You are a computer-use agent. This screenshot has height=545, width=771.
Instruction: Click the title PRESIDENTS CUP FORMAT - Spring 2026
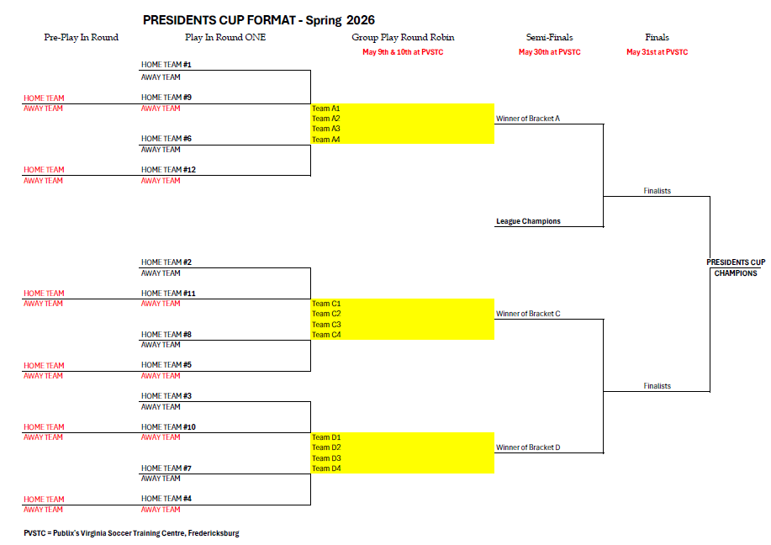[x=259, y=19]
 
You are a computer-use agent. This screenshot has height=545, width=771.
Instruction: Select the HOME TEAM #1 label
[x=166, y=65]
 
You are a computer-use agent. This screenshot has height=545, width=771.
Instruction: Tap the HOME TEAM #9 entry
[x=166, y=98]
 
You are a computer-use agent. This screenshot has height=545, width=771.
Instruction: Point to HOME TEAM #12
[x=168, y=170]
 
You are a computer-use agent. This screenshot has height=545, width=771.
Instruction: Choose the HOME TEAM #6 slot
[x=166, y=139]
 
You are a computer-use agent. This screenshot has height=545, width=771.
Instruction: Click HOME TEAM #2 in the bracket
[x=166, y=262]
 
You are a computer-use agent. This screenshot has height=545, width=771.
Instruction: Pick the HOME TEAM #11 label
[x=168, y=294]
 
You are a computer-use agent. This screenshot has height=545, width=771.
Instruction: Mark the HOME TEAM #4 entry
[x=166, y=499]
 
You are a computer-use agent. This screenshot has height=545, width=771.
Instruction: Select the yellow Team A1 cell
[x=402, y=108]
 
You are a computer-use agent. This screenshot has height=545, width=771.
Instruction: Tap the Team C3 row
[x=402, y=325]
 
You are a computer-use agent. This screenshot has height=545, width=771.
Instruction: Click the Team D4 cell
[x=402, y=468]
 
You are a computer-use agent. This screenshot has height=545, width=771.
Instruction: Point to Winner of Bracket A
[x=528, y=119]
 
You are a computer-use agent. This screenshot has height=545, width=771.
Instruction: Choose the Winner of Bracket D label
[x=528, y=447]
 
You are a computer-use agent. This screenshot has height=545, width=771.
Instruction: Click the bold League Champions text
[x=528, y=221]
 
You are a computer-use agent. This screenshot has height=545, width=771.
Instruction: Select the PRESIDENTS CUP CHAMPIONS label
[x=736, y=267]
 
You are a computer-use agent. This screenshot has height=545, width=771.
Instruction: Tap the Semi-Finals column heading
[x=549, y=38]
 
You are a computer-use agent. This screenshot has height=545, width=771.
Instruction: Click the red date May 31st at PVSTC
[x=657, y=52]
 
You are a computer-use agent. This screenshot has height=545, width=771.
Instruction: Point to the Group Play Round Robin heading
[x=403, y=38]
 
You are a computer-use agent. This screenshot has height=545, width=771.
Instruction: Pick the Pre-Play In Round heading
[x=81, y=38]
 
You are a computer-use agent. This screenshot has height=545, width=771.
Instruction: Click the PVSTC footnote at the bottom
[x=131, y=533]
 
